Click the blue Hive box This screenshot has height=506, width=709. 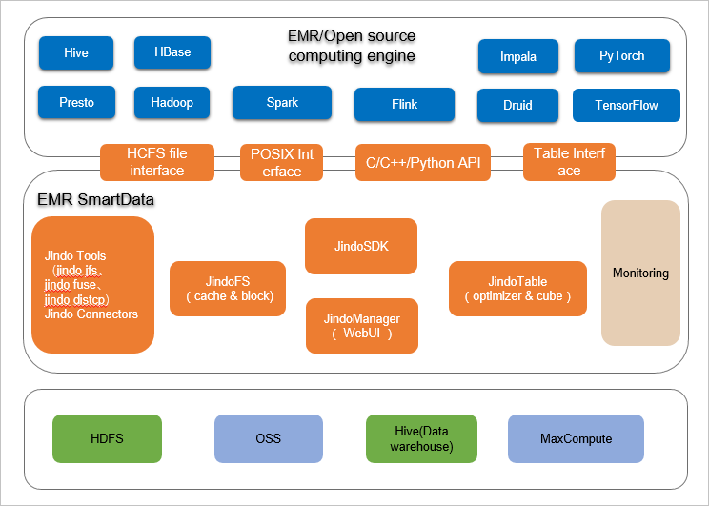pos(76,53)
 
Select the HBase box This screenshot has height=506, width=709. pos(172,52)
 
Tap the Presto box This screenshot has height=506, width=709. pos(76,102)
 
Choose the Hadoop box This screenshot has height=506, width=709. pos(172,102)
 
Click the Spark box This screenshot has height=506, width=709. pos(282,103)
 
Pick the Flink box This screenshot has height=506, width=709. pos(404,105)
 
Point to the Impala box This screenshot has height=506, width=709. pos(517,56)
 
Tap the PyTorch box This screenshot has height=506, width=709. pos(621,56)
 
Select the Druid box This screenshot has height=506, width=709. pos(517,106)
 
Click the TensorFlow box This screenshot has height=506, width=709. pos(626,106)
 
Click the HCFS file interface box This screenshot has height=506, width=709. pos(156,162)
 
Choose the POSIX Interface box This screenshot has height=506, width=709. pos(282,163)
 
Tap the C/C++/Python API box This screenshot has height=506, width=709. pos(423,162)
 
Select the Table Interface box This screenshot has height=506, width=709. pos(569,162)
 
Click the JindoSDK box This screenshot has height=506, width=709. pos(361,246)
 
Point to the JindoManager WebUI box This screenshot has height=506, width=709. pos(361,326)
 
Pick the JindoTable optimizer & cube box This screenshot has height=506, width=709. pos(517,289)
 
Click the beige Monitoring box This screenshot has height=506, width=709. pos(640,273)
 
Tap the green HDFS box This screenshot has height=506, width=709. pos(107,439)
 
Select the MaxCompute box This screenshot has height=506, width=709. pos(576,439)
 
